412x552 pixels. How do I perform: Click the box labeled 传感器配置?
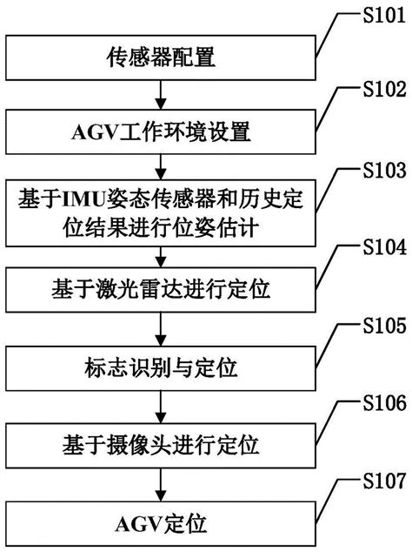162,59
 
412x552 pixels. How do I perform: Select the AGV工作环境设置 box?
162,133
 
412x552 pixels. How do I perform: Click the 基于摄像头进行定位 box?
162,434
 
